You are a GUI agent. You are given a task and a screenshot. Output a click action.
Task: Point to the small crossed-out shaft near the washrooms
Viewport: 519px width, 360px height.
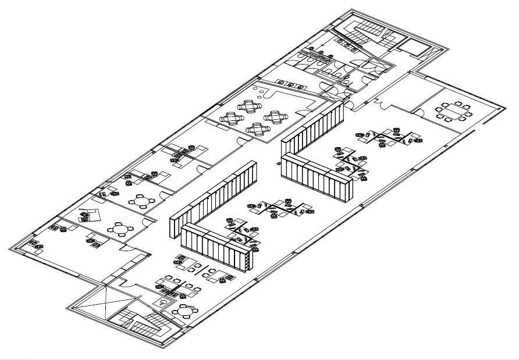click(x=414, y=47)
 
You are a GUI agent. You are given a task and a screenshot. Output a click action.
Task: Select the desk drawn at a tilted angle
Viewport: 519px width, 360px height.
click(x=88, y=215)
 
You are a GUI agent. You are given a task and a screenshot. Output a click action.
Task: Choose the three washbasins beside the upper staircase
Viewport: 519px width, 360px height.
click(x=349, y=43)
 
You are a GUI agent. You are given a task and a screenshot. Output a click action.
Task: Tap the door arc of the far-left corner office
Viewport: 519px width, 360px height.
click(x=123, y=247)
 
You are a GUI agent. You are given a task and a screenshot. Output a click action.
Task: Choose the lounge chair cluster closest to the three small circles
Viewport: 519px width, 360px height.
click(x=251, y=107)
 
